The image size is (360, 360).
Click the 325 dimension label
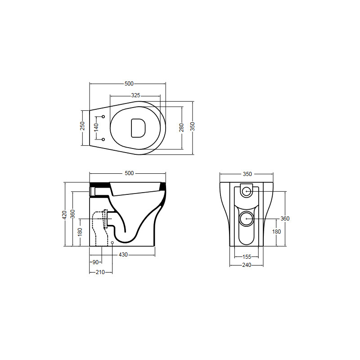click(x=136, y=95)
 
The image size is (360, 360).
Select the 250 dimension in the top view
click(x=82, y=126)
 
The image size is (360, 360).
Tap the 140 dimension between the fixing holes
click(x=96, y=128)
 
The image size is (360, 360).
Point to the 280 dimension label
click(x=181, y=128)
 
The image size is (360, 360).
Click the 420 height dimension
click(x=64, y=215)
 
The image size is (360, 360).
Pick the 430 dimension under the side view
click(x=123, y=255)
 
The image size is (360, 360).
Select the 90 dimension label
click(x=95, y=262)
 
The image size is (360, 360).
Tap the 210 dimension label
click(x=100, y=272)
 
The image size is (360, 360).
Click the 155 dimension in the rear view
click(x=247, y=256)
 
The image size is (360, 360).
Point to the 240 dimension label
click(x=247, y=265)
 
